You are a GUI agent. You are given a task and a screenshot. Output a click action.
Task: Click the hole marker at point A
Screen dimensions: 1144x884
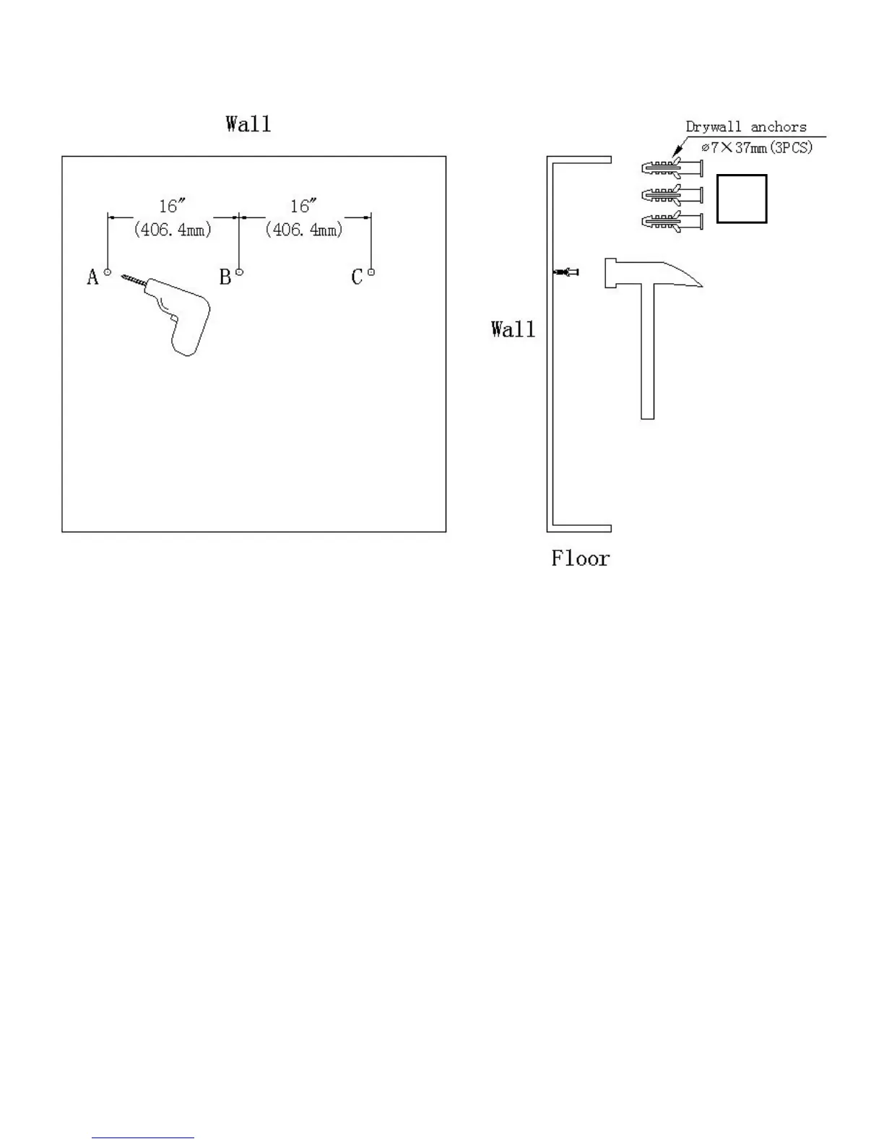108,272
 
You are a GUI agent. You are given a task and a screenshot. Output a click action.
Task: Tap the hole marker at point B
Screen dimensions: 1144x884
240,272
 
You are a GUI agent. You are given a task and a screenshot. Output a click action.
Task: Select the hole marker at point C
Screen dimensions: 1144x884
371,272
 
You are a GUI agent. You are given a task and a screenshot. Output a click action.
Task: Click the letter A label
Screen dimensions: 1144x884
92,277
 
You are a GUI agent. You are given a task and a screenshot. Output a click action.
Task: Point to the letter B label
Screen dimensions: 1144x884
225,277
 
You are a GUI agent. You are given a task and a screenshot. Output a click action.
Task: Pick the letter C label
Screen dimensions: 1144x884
357,277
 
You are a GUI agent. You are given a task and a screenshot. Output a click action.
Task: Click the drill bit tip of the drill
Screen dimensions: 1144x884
123,276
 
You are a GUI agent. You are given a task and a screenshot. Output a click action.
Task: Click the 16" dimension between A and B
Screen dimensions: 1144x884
169,207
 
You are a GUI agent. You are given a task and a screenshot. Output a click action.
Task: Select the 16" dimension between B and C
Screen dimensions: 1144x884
300,207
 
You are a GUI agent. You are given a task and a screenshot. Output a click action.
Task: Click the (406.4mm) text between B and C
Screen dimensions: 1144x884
304,230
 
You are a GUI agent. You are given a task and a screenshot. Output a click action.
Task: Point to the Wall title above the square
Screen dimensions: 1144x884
248,124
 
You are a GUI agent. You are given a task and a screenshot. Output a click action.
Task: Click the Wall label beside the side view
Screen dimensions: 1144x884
513,330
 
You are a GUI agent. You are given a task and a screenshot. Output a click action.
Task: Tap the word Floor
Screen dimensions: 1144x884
581,558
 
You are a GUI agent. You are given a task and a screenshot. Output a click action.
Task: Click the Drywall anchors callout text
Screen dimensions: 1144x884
745,127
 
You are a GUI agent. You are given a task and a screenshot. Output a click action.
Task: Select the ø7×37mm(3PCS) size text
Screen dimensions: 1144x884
757,147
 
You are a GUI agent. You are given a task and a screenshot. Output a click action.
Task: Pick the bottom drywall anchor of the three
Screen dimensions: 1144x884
672,221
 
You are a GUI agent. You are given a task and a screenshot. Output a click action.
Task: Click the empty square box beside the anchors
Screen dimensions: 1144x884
742,199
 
